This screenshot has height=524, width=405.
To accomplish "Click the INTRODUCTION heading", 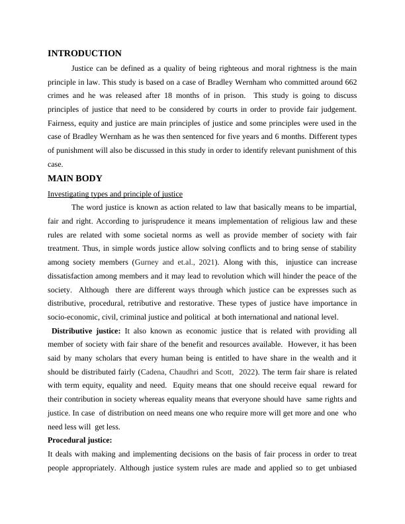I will point(85,54).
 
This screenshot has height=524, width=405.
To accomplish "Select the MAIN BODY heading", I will point(75,178).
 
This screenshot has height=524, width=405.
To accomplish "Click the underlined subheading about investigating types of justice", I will point(115,194).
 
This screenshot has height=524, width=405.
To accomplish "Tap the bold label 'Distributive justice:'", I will point(86,331).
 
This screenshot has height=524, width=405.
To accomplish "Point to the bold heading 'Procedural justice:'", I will point(80,440).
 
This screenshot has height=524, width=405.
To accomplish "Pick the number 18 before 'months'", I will point(180,95).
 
